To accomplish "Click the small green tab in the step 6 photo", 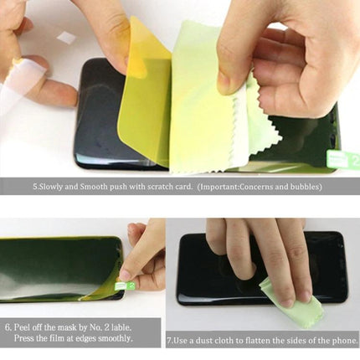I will click(131, 286).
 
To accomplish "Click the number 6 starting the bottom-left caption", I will click(8, 327).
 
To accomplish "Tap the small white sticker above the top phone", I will click(65, 39).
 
